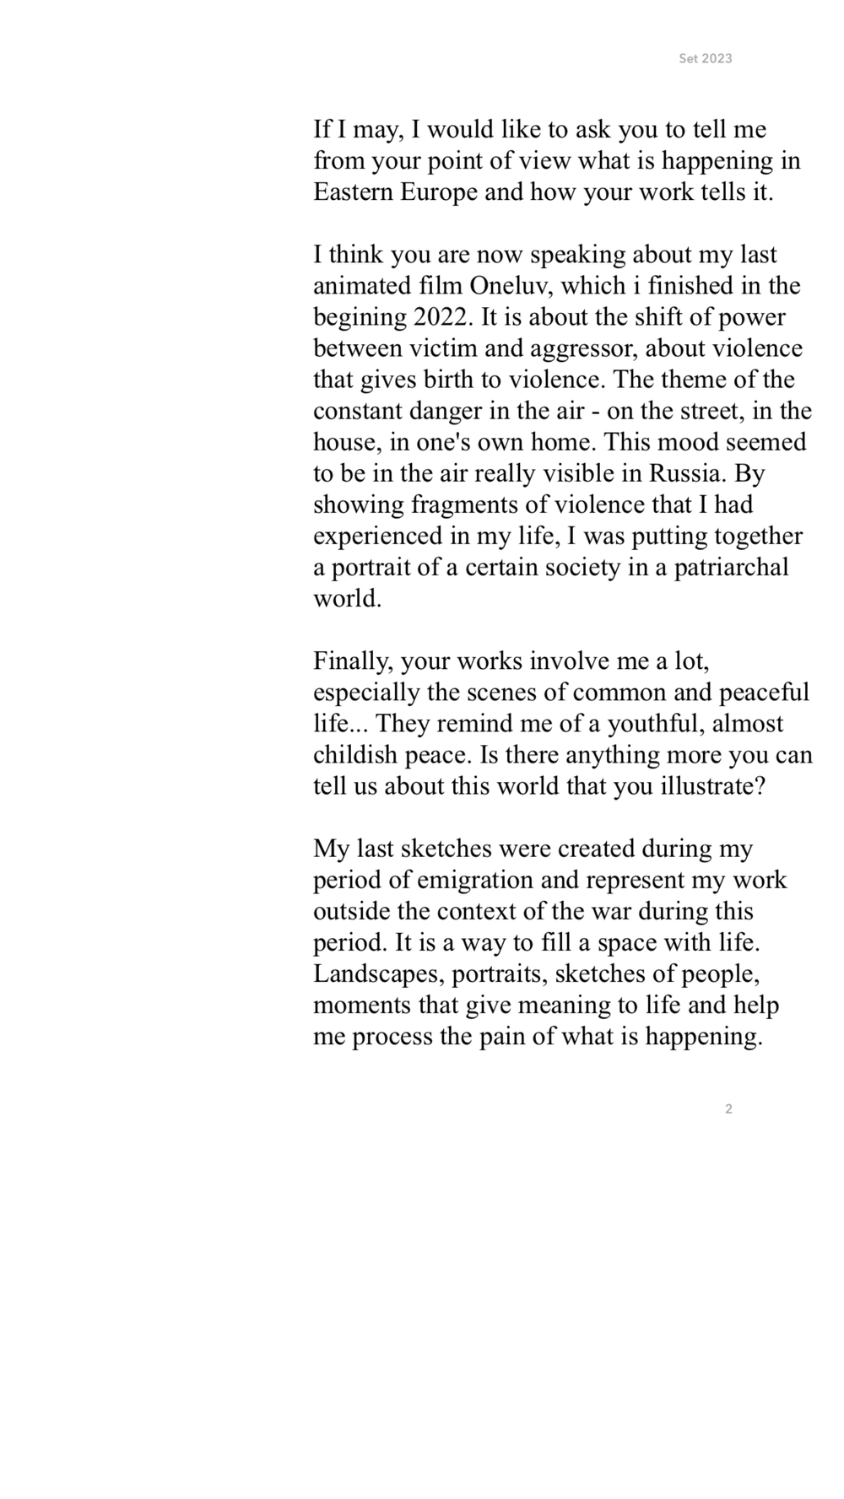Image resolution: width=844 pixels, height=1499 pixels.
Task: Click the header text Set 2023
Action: (x=705, y=58)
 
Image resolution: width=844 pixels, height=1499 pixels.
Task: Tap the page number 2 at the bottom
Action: (x=728, y=1108)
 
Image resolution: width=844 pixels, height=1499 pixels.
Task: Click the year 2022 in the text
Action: (x=443, y=317)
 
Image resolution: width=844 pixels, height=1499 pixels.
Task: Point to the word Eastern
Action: (x=353, y=192)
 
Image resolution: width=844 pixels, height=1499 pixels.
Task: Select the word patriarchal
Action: (x=731, y=567)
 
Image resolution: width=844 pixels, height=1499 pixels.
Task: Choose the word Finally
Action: (x=353, y=661)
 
